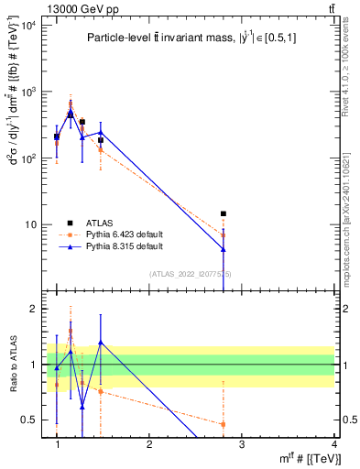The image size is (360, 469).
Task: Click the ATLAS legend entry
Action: [x=99, y=223]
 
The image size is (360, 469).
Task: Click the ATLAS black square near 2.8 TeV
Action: [x=223, y=213]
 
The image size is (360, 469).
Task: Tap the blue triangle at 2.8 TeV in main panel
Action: [x=223, y=249]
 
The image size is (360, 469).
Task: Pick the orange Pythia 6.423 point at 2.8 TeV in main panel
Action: [x=223, y=235]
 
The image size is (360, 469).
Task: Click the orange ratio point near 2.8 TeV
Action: [x=223, y=423]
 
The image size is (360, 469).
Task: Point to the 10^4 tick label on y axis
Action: [x=28, y=26]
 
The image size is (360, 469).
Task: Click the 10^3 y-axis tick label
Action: [x=28, y=92]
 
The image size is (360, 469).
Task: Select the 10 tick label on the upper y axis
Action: [x=31, y=224]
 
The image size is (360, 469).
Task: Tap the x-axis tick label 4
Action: [x=333, y=445]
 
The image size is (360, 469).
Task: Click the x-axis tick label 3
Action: [x=241, y=445]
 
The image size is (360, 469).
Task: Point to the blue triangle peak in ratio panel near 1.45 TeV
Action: [x=100, y=343]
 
